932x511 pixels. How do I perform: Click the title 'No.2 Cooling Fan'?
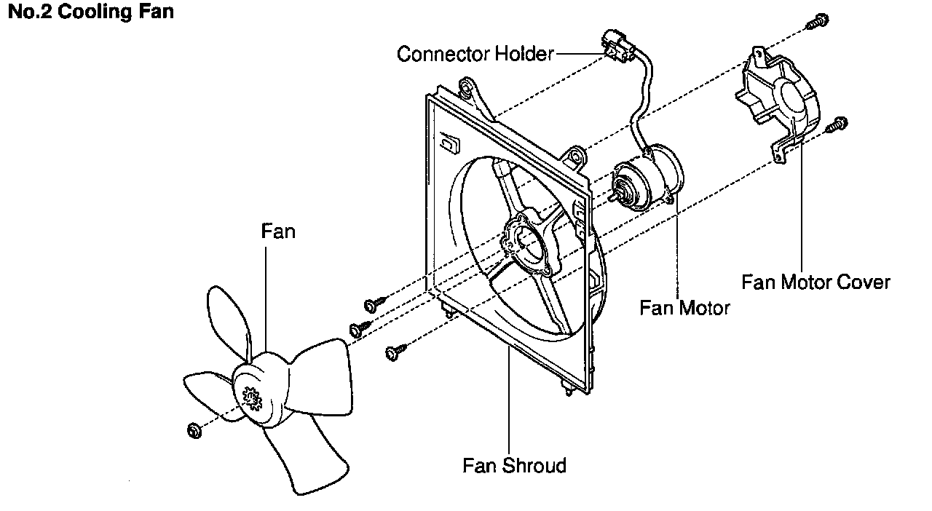[90, 12]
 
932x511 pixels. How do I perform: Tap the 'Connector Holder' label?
[475, 54]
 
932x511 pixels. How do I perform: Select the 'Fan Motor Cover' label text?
[815, 282]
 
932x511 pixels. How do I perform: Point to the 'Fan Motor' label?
[684, 308]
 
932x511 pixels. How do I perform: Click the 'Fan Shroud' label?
[514, 464]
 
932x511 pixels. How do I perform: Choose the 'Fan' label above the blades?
[278, 231]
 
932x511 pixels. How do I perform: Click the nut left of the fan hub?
[194, 430]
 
